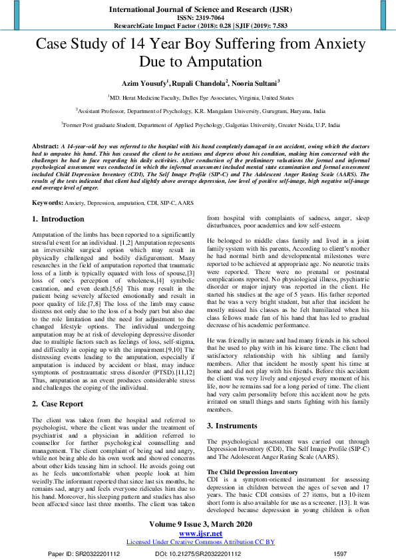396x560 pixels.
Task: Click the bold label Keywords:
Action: click(48, 202)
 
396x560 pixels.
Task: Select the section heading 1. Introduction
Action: click(59, 219)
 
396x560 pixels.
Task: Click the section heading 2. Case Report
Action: click(58, 404)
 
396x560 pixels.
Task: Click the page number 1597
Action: click(340, 553)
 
